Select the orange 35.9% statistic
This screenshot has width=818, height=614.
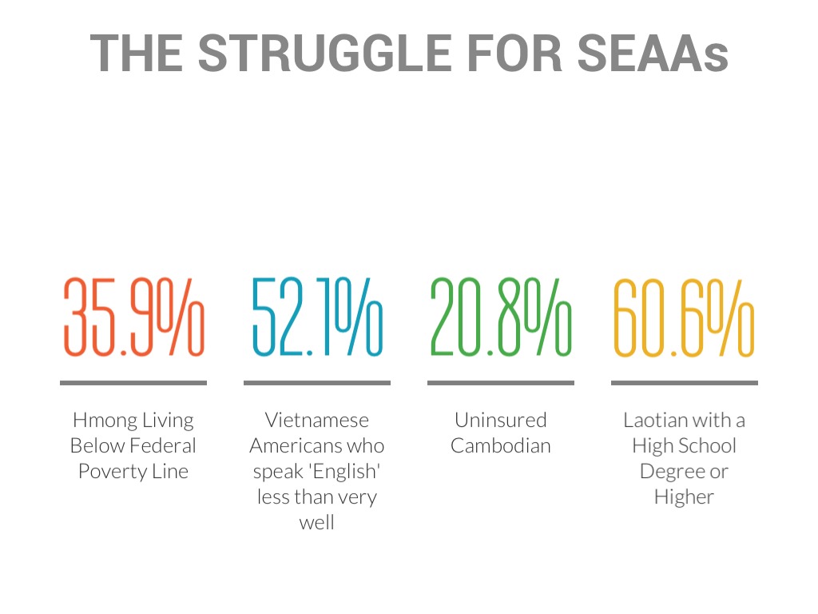[133, 317]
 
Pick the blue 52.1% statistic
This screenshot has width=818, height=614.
[317, 317]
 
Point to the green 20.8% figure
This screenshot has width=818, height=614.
[501, 317]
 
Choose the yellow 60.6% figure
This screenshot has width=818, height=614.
[684, 317]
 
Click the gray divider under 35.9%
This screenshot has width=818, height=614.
[133, 383]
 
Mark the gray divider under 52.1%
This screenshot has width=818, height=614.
[317, 383]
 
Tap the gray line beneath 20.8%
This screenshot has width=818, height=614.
[501, 383]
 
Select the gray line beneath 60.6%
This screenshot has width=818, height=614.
[684, 383]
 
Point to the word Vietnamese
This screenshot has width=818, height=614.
[317, 420]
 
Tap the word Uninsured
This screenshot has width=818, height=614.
[501, 420]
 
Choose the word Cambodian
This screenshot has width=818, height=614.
[501, 445]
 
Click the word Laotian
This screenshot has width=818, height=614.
[651, 420]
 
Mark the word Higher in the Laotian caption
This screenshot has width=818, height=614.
[684, 496]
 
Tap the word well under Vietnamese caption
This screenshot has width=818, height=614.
[317, 522]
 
